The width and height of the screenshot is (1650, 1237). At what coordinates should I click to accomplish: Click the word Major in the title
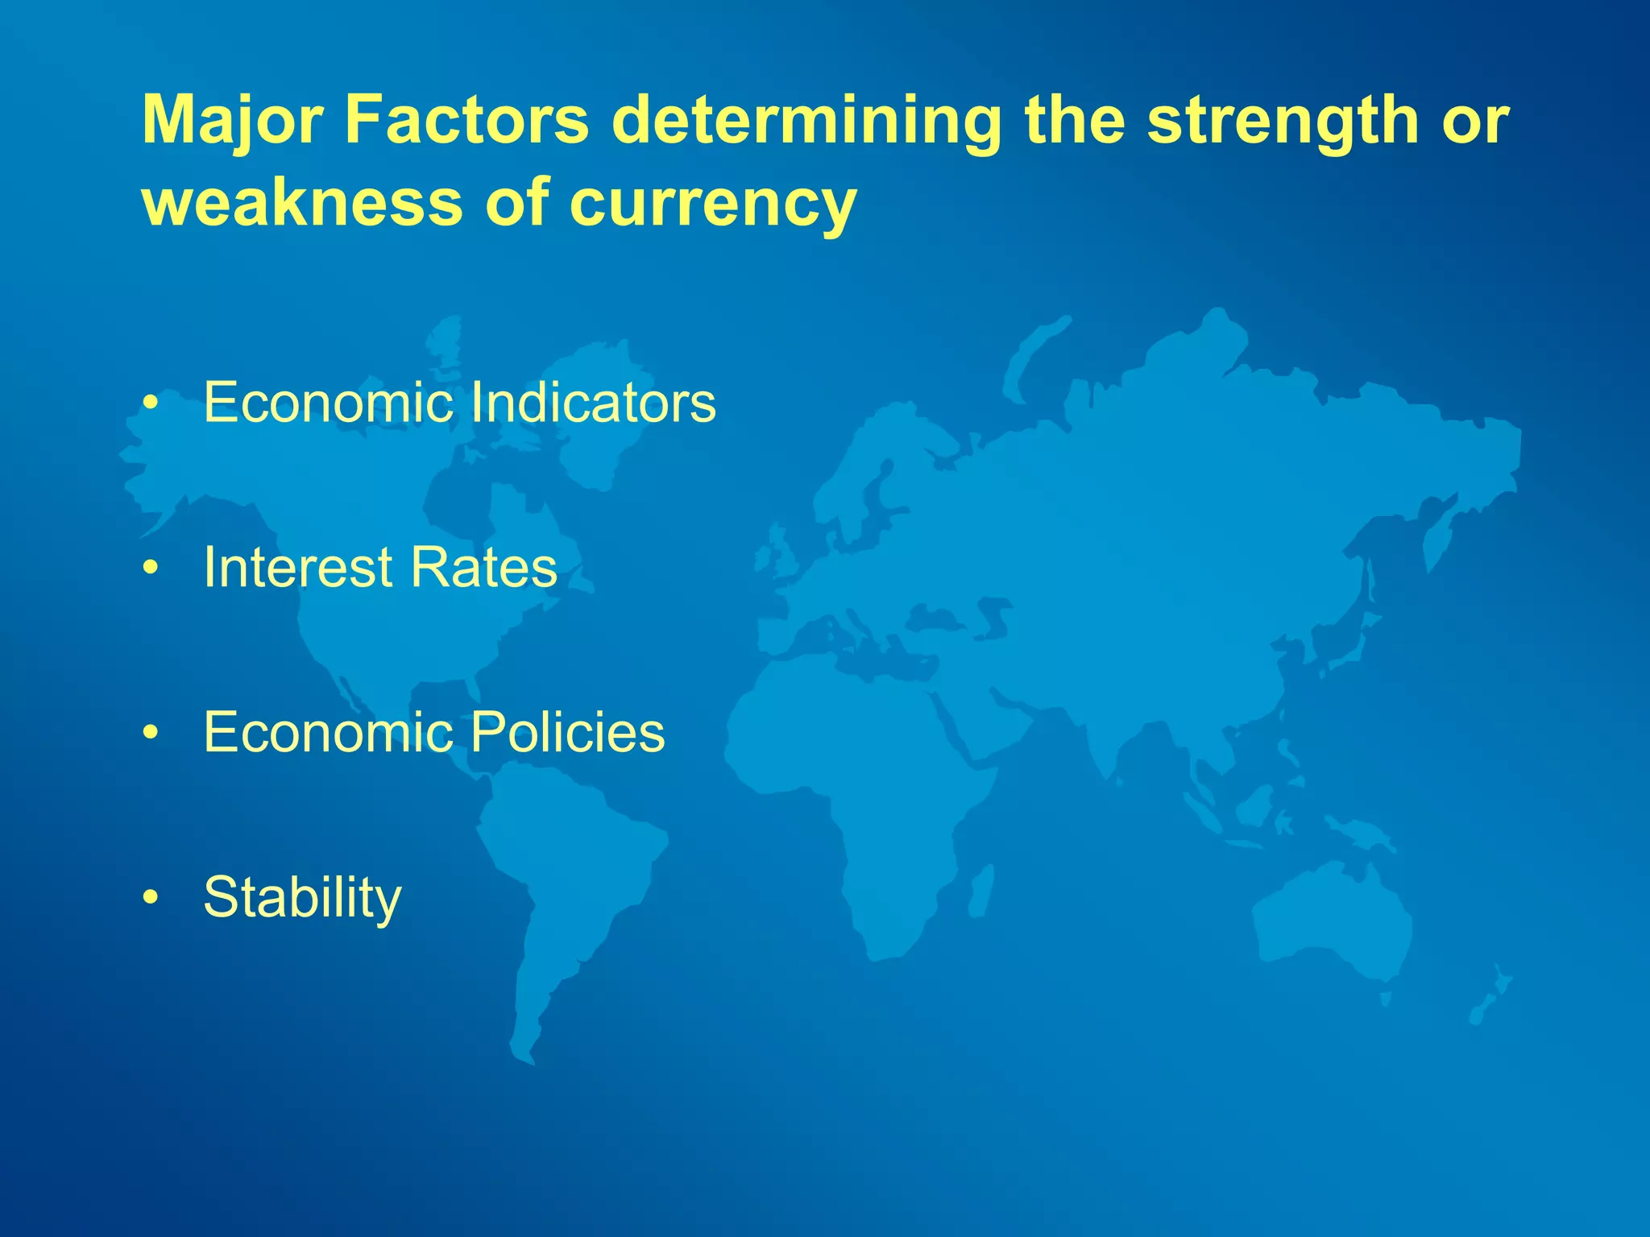pyautogui.click(x=233, y=121)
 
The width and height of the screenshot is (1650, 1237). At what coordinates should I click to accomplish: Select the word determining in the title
pyautogui.click(x=806, y=121)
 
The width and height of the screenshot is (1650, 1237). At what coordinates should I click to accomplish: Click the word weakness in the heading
pyautogui.click(x=302, y=203)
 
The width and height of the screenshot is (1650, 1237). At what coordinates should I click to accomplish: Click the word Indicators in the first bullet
pyautogui.click(x=592, y=402)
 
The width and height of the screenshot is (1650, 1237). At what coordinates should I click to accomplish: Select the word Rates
pyautogui.click(x=483, y=567)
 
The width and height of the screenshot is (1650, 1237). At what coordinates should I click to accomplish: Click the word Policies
pyautogui.click(x=567, y=732)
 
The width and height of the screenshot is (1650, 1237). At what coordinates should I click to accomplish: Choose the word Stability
pyautogui.click(x=302, y=898)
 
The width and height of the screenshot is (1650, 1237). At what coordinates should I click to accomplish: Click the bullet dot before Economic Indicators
pyautogui.click(x=150, y=403)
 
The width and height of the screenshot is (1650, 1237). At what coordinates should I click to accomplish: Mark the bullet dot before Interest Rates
pyautogui.click(x=150, y=569)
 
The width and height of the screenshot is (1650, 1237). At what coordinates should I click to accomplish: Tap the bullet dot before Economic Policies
pyautogui.click(x=150, y=734)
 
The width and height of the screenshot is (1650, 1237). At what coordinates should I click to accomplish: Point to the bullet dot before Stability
pyautogui.click(x=150, y=899)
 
